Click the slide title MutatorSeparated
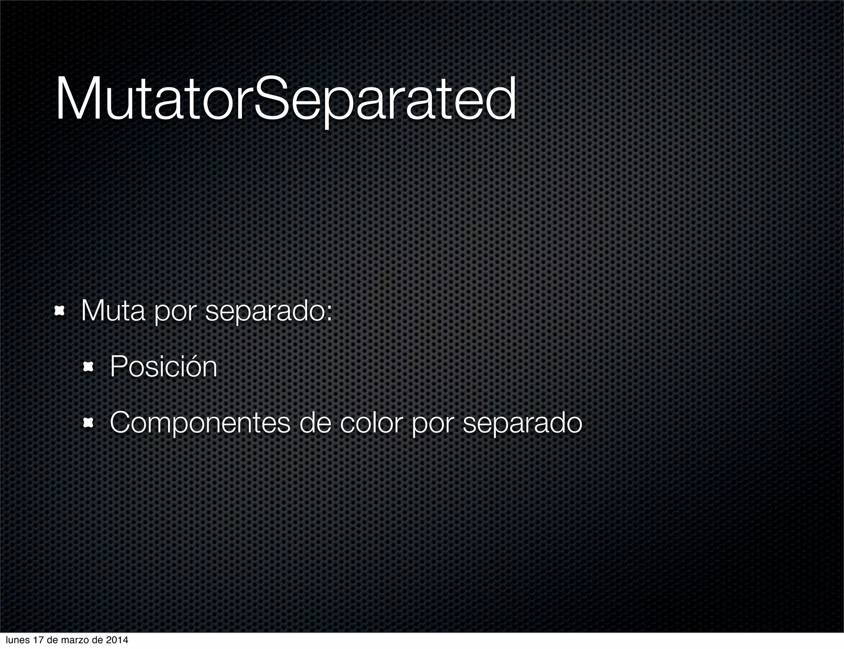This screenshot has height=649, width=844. pos(285,99)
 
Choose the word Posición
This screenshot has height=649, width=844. pos(163,367)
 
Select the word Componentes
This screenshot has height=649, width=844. pos(200,423)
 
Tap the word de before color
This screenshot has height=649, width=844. pos(315,423)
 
